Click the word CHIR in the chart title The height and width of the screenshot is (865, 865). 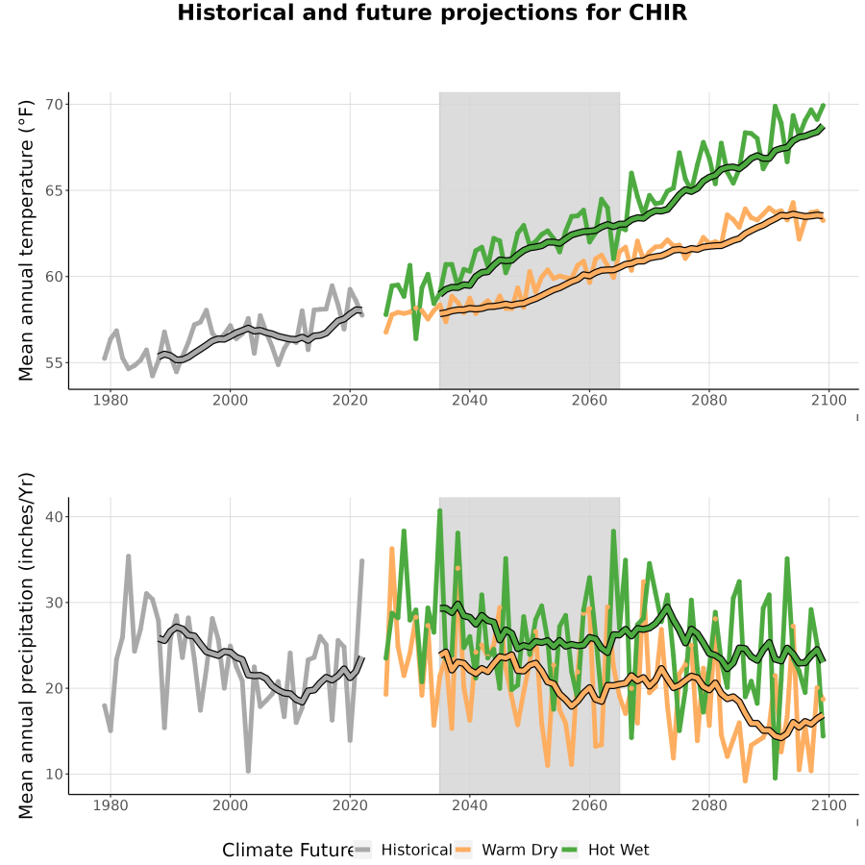pos(658,12)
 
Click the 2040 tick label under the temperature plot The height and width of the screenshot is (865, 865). pos(469,400)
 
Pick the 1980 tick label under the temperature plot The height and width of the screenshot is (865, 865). pos(111,400)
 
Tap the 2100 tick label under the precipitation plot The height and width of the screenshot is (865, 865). pos(828,805)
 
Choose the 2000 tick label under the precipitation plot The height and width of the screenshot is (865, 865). pos(230,805)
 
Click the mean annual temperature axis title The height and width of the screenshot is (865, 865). pos(26,240)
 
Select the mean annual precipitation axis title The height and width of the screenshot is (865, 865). pos(26,646)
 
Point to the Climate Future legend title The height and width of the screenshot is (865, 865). pos(288,851)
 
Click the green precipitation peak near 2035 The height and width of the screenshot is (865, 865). pos(439,511)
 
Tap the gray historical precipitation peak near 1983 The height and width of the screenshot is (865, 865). pos(129,556)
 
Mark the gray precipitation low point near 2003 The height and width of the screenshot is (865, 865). pos(248,771)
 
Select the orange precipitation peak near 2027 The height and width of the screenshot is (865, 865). pos(392,549)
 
